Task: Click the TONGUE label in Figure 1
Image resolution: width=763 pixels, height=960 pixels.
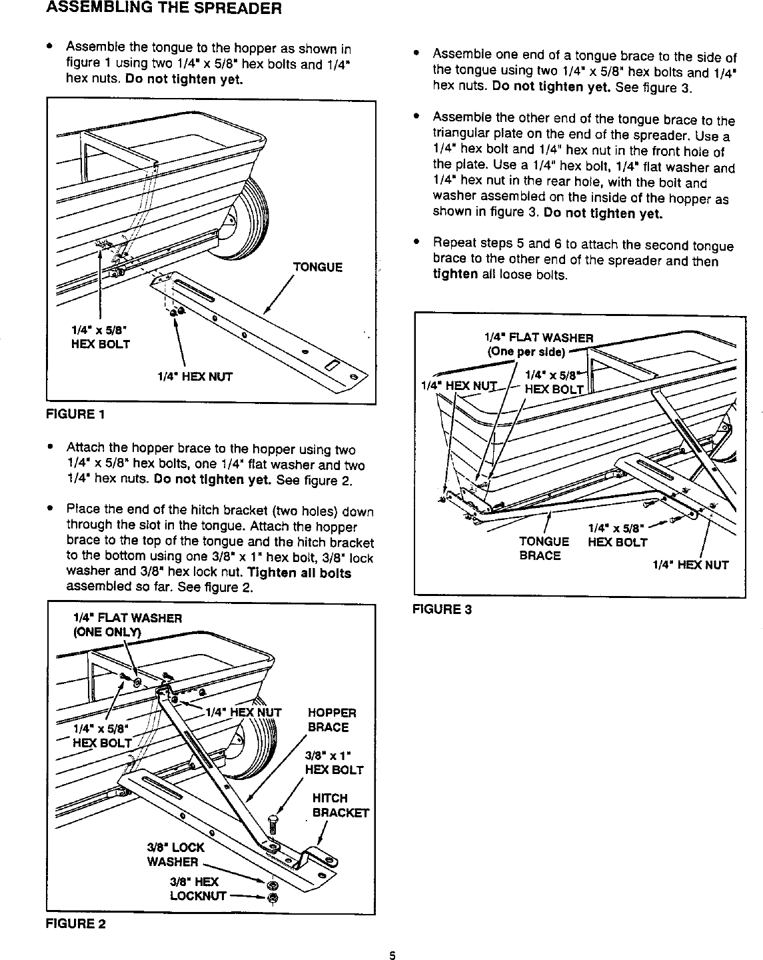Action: [x=318, y=267]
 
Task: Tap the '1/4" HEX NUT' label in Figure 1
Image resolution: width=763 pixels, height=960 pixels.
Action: [x=195, y=377]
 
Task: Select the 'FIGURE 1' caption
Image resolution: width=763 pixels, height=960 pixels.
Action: [x=75, y=414]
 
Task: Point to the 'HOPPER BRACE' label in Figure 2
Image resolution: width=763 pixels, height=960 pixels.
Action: [x=331, y=720]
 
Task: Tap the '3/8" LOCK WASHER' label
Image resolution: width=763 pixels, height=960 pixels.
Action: [x=175, y=855]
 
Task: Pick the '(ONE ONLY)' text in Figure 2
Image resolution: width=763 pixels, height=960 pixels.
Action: [x=108, y=633]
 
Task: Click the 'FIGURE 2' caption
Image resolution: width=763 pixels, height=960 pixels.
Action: [x=75, y=923]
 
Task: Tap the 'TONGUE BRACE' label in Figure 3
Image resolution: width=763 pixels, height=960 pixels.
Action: [x=544, y=549]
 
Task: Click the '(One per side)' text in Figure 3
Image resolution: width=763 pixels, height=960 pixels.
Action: [x=526, y=352]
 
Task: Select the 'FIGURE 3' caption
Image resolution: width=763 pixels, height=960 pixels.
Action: [x=442, y=609]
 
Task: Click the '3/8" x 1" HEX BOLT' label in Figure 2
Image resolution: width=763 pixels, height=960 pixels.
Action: [x=333, y=763]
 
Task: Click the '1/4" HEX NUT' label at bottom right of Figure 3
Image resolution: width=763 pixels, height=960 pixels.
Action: [x=690, y=565]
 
